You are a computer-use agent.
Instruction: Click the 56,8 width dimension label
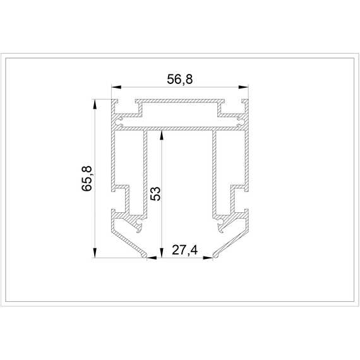pyautogui.click(x=180, y=80)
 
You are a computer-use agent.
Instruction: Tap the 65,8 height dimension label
pyautogui.click(x=87, y=178)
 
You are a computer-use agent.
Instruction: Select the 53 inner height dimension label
pyautogui.click(x=155, y=194)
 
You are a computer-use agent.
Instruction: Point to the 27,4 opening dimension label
pyautogui.click(x=184, y=250)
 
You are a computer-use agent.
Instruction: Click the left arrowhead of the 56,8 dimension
pyautogui.click(x=116, y=87)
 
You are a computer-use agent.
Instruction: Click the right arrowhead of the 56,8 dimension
pyautogui.click(x=244, y=87)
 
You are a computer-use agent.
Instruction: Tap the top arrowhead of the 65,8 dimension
pyautogui.click(x=95, y=104)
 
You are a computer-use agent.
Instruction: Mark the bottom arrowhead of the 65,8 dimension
pyautogui.click(x=95, y=253)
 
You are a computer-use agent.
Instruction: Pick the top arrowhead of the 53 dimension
pyautogui.click(x=162, y=135)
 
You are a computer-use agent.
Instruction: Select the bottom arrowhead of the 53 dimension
pyautogui.click(x=162, y=253)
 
